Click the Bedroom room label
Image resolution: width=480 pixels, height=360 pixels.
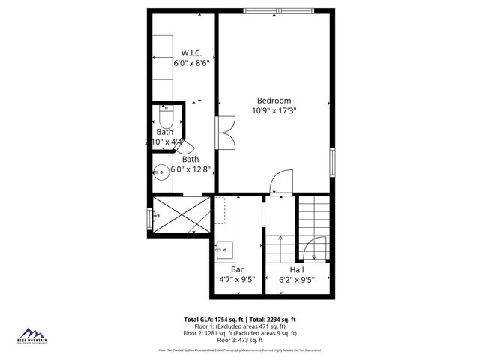(274, 100)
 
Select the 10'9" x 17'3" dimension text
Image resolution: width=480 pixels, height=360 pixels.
(274, 111)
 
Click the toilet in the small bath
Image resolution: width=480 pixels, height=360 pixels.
(166, 118)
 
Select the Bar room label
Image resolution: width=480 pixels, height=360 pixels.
(237, 268)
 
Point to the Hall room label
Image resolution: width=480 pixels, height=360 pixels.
(297, 268)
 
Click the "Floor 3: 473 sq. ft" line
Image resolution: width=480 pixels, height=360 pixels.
(240, 340)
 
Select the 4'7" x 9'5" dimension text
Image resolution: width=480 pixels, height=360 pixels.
(237, 280)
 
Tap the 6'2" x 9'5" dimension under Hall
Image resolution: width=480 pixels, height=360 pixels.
(297, 280)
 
